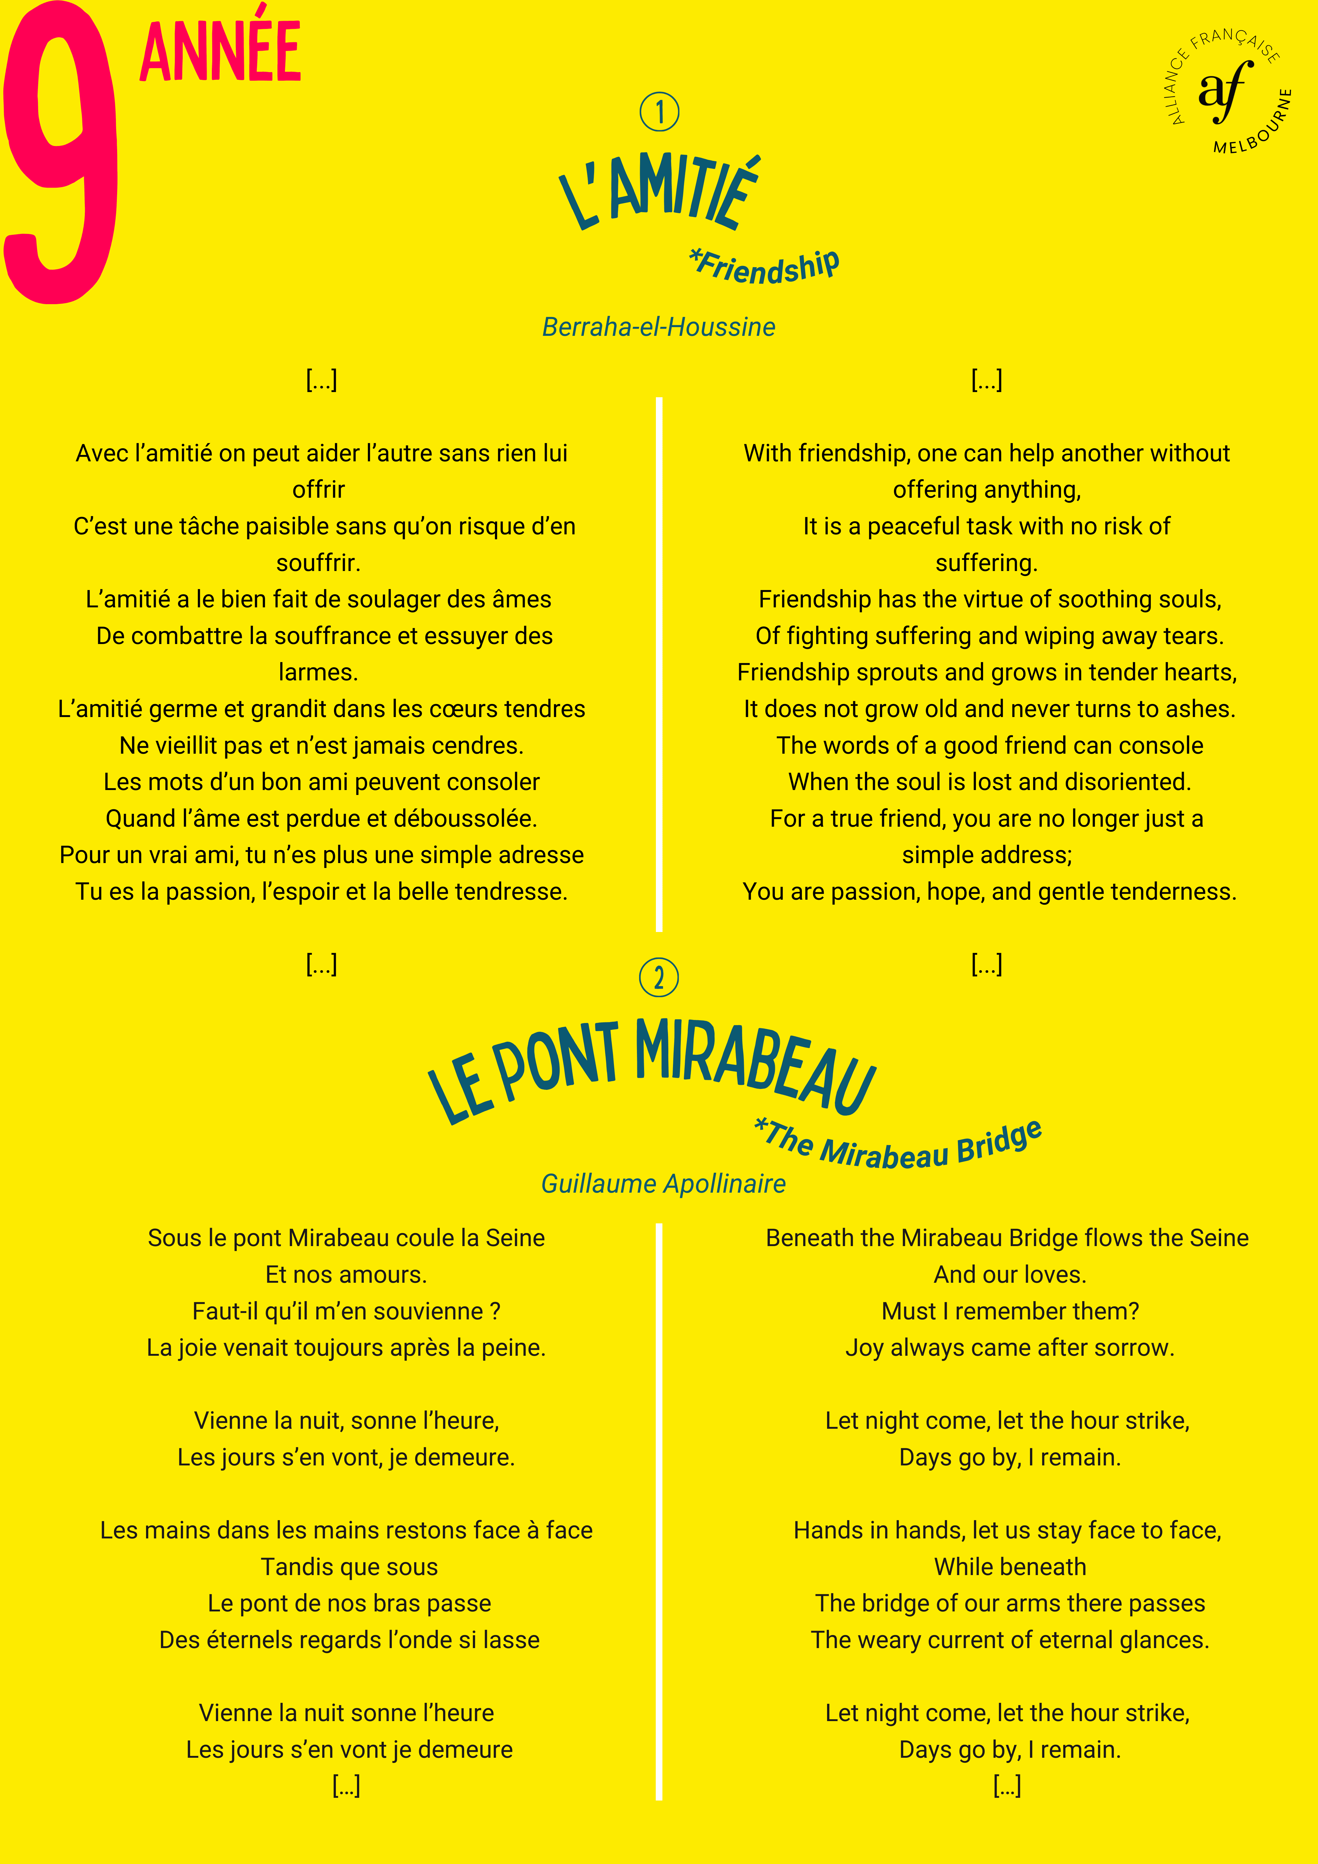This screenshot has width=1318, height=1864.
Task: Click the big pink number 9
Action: [61, 154]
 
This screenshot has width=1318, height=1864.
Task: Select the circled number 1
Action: [659, 112]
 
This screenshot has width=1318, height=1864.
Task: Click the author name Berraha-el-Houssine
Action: [659, 327]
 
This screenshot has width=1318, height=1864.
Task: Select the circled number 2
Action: [659, 977]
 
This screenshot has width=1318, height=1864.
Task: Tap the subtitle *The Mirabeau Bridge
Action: [897, 1145]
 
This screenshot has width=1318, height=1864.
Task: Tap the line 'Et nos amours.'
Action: [346, 1275]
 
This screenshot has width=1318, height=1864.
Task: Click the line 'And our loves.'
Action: [1009, 1275]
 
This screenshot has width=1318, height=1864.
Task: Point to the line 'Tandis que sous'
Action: [349, 1567]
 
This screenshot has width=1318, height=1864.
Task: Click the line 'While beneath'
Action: [1009, 1567]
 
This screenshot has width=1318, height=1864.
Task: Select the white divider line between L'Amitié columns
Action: [659, 666]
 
